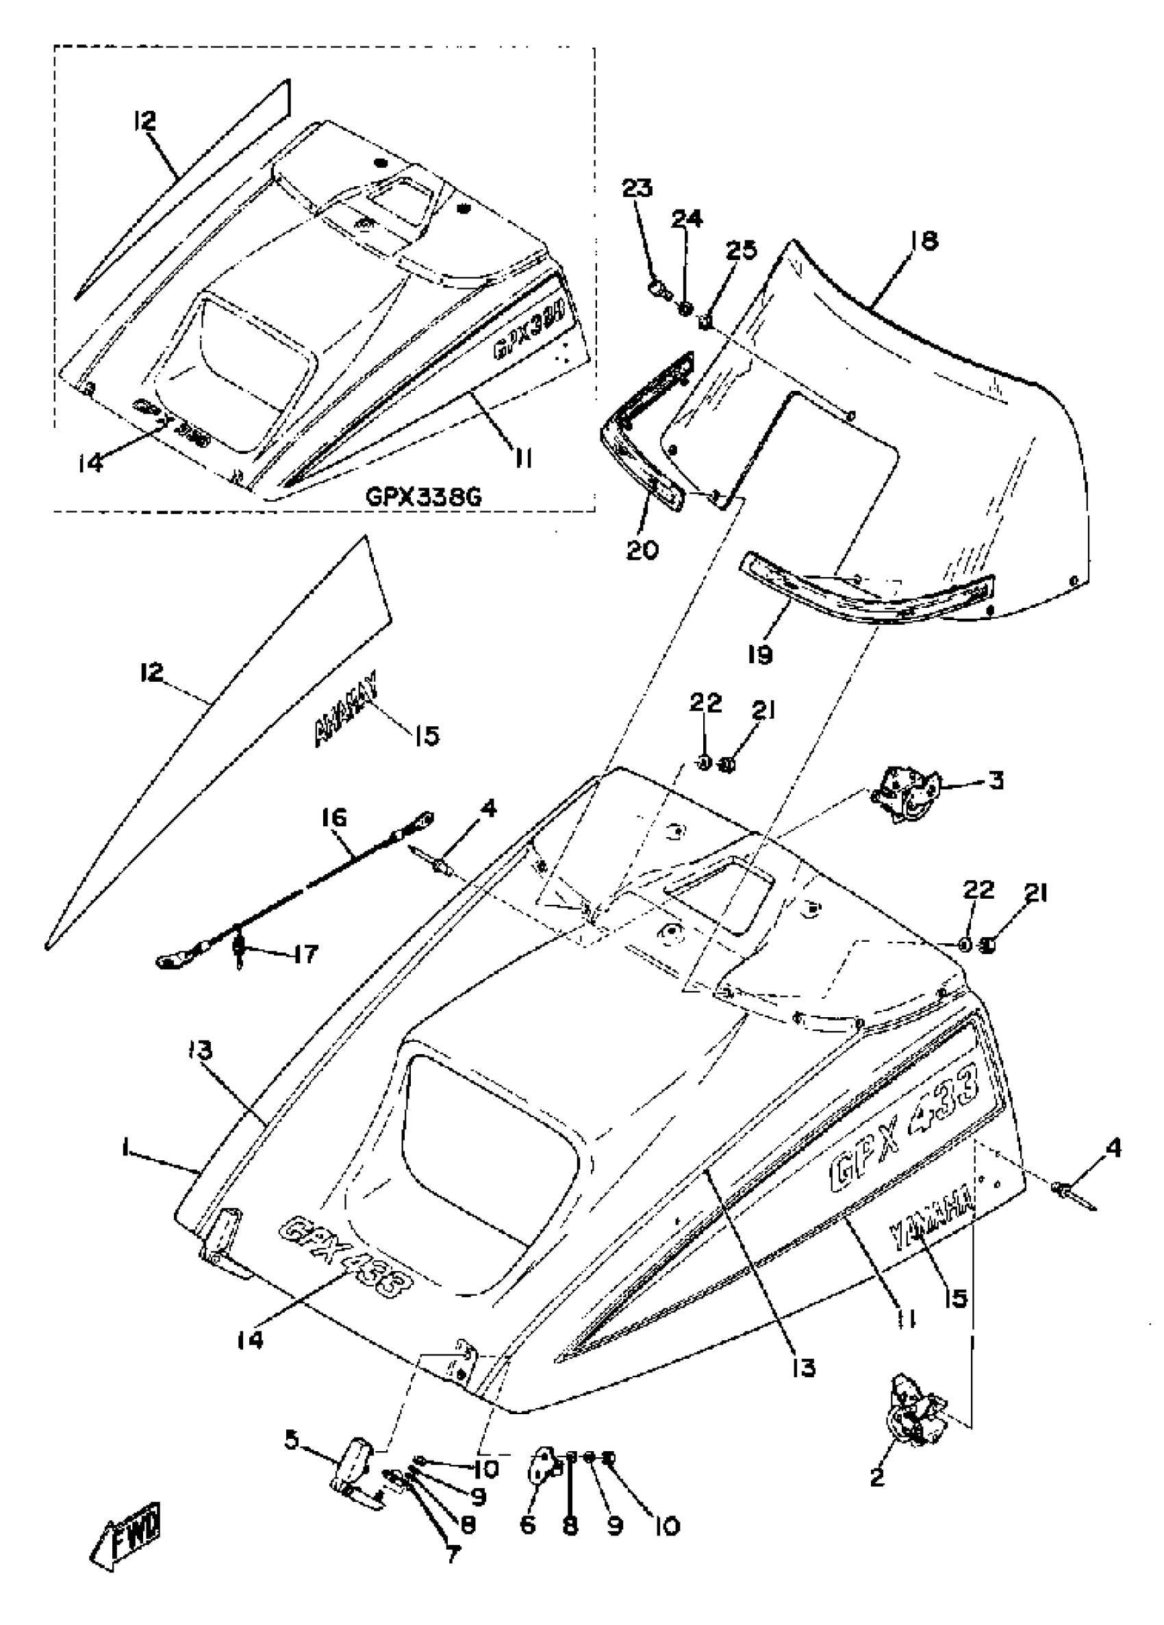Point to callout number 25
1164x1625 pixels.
(740, 250)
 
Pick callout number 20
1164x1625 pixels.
(642, 551)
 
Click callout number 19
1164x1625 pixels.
(760, 654)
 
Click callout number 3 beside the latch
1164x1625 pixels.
(996, 781)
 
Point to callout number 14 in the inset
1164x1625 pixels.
(91, 463)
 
